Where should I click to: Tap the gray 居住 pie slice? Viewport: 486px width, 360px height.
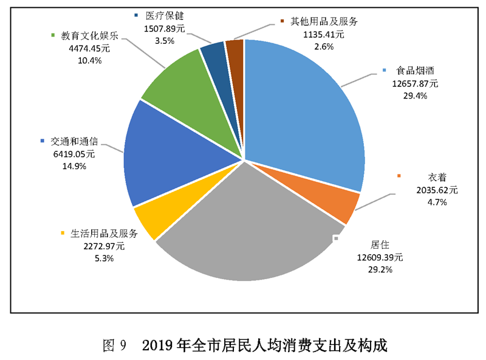[x=243, y=243]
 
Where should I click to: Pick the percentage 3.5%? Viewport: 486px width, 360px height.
[x=164, y=40]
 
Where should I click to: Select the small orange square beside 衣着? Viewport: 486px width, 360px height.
[x=399, y=176]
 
